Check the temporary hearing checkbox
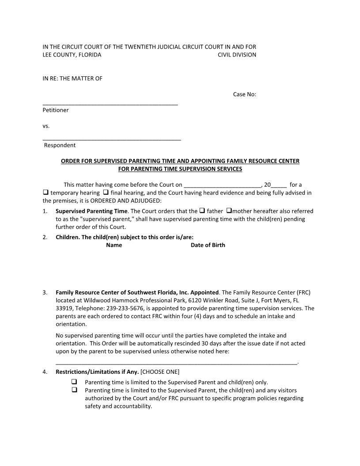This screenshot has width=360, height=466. point(45,193)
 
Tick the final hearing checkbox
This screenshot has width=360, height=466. point(106,193)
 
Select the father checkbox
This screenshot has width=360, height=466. point(202,211)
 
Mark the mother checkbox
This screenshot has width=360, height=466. point(229,211)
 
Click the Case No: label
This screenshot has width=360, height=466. point(244,94)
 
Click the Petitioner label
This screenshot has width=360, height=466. point(56,110)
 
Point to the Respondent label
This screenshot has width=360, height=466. point(60,145)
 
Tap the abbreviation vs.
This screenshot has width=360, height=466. point(46,126)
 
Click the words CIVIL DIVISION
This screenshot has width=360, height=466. point(237,55)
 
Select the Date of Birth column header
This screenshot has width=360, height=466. point(208,245)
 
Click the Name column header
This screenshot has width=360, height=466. point(114,245)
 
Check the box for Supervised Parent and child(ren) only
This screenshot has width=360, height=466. point(74,382)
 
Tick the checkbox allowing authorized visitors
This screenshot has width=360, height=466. point(74,390)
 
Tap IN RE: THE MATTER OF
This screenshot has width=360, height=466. point(72,79)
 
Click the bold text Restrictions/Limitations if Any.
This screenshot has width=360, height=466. point(97,372)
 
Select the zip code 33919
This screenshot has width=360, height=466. point(64,308)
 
